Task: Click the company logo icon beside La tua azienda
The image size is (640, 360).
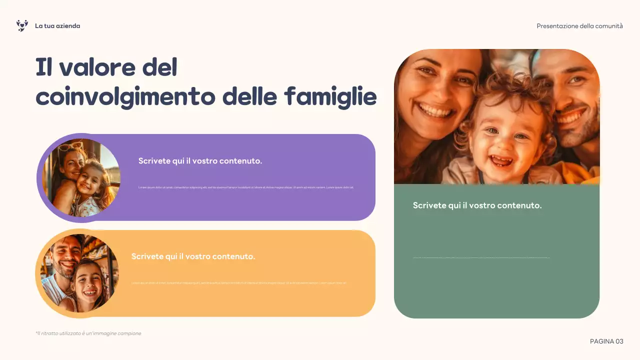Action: click(x=22, y=25)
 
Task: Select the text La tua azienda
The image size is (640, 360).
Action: click(x=57, y=26)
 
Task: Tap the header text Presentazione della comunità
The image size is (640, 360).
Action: click(x=579, y=26)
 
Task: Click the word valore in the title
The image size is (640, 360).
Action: click(x=97, y=67)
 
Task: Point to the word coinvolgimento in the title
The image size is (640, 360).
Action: click(x=125, y=96)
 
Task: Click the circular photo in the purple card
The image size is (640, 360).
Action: click(x=81, y=177)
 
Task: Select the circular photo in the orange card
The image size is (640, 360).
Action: click(x=79, y=273)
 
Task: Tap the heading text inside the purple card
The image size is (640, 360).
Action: click(x=200, y=161)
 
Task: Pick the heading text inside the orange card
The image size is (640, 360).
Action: click(x=193, y=256)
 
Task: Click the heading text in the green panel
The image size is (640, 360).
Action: click(x=477, y=205)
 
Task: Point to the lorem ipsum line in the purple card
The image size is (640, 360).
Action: click(x=246, y=187)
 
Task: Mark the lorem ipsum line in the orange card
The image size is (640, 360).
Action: click(x=239, y=283)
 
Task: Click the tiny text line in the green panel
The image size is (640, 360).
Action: click(x=481, y=258)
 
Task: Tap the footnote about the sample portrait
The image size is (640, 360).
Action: click(x=88, y=333)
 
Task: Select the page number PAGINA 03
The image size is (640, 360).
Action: click(x=606, y=341)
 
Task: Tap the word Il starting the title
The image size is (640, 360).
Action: click(x=44, y=67)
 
